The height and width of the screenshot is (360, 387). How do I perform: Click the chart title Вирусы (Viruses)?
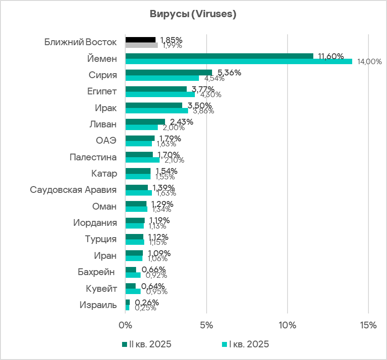(x=193, y=14)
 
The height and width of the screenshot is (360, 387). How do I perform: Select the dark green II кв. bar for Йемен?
(x=219, y=56)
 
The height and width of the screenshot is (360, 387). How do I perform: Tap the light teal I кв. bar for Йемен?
(x=238, y=61)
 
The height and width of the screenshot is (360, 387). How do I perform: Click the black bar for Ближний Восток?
(x=140, y=40)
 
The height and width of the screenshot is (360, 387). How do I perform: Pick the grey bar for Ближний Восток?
(x=142, y=45)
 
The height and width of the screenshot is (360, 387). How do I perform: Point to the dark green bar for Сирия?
(x=169, y=72)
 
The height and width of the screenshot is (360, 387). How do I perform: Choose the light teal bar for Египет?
(x=160, y=94)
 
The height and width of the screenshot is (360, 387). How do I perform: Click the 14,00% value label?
(x=369, y=61)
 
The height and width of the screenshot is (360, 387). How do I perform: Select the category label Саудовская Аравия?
(x=73, y=190)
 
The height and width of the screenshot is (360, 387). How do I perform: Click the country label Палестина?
(x=93, y=157)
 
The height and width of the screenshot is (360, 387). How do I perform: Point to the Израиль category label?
(x=98, y=305)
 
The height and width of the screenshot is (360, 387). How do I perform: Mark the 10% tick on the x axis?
(x=288, y=326)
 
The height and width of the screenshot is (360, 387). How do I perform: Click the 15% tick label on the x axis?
(x=368, y=326)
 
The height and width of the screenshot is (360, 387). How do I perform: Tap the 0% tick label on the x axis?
(x=125, y=326)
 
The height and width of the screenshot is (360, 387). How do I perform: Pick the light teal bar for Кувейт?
(x=133, y=291)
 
